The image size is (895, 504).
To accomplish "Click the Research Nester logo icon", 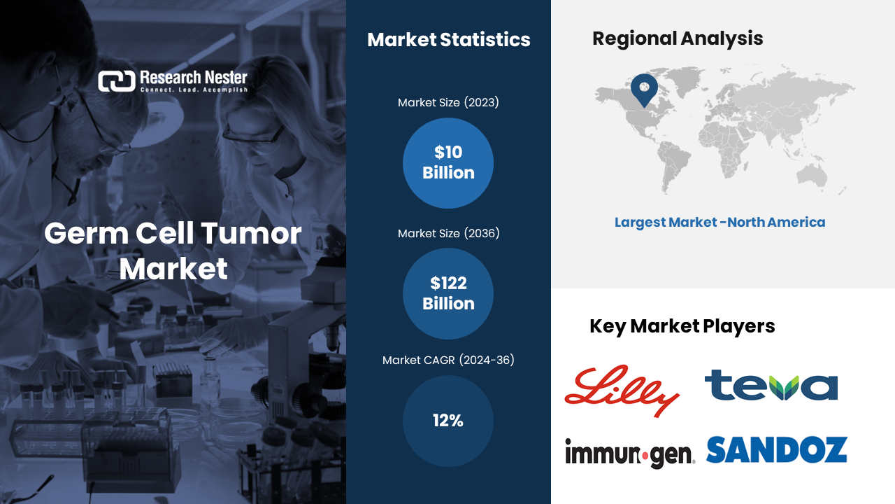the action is [117, 81].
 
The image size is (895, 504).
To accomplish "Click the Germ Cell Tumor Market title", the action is [173, 251].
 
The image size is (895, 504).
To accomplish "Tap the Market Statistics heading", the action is [449, 40].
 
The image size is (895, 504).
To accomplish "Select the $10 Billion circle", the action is [448, 163].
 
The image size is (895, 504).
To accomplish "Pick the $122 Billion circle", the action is [448, 293].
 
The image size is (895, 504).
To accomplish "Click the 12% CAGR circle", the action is [448, 421].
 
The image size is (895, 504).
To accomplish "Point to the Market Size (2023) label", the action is [448, 103].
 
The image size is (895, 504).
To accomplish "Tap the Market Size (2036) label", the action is [448, 233].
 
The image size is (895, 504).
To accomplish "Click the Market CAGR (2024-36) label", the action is [448, 360].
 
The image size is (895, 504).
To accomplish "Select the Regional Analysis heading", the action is [678, 38].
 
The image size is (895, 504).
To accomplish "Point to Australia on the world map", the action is [812, 176].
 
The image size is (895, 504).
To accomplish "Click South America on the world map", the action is [673, 166].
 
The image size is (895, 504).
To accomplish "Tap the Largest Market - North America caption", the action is [720, 223].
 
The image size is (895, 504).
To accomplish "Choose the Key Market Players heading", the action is [682, 326].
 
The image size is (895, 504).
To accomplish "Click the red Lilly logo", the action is [622, 390].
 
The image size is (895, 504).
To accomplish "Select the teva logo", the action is [771, 385].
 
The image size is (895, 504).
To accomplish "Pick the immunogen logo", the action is [630, 453].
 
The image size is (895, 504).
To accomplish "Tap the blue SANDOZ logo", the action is [777, 450].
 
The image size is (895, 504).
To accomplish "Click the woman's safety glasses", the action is [253, 134].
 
